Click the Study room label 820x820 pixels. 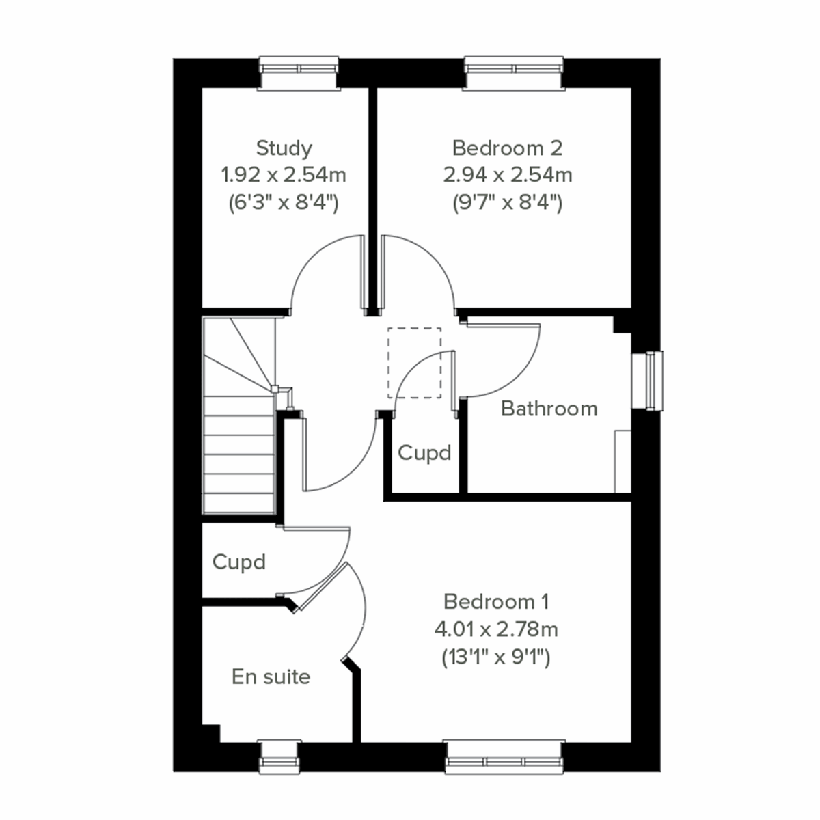point(284,148)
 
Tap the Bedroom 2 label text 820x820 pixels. point(507,148)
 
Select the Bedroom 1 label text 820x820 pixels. point(496,601)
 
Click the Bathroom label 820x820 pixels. point(549,409)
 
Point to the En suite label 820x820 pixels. point(271,676)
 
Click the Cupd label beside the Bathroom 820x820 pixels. point(424,452)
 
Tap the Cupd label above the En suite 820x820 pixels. point(238,562)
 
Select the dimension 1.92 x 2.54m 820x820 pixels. point(284,175)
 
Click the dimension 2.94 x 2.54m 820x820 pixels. point(507,175)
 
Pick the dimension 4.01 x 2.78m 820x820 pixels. point(496,629)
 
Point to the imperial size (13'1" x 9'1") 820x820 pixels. point(496,657)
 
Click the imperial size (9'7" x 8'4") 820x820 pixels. point(507,203)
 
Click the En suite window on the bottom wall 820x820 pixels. point(280,756)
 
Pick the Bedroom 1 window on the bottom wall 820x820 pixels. point(505,756)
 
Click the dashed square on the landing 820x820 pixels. point(414,363)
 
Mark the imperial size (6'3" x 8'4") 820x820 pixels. point(284,203)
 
